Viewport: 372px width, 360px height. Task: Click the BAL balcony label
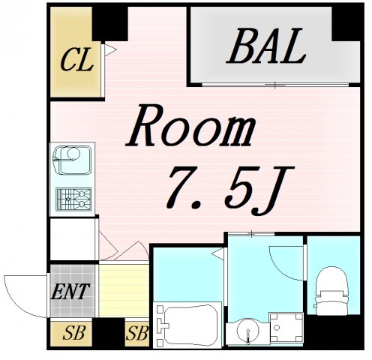pyautogui.click(x=265, y=46)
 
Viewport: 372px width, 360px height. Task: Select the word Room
pyautogui.click(x=190, y=126)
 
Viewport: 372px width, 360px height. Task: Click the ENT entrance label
pyautogui.click(x=70, y=292)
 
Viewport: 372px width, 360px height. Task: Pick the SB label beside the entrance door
pyautogui.click(x=74, y=333)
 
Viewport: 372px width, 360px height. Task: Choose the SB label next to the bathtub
pyautogui.click(x=137, y=333)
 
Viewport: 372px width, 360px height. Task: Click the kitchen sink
pyautogui.click(x=73, y=160)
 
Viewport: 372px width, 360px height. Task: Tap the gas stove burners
pyautogui.click(x=73, y=199)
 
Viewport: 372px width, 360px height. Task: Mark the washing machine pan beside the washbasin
pyautogui.click(x=286, y=327)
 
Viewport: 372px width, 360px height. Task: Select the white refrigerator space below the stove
pyautogui.click(x=73, y=239)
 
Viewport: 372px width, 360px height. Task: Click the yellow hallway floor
pyautogui.click(x=124, y=291)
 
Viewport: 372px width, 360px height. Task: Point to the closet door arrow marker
pyautogui.click(x=110, y=49)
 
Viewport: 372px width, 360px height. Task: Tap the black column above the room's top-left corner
pyautogui.click(x=110, y=24)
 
